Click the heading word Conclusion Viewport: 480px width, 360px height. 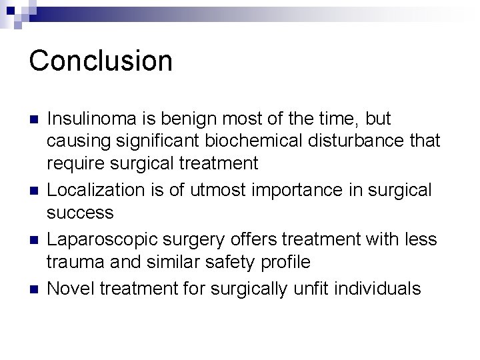[x=101, y=60]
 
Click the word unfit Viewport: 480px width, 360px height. [x=307, y=288]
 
